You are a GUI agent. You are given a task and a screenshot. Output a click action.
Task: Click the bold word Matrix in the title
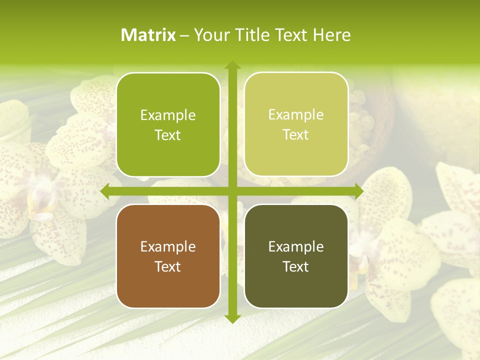click(x=148, y=35)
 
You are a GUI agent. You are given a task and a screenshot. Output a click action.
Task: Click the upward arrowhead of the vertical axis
click(x=232, y=65)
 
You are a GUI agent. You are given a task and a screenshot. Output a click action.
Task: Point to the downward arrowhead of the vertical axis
click(x=232, y=319)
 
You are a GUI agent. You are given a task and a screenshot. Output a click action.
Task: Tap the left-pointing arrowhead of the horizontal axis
click(x=105, y=191)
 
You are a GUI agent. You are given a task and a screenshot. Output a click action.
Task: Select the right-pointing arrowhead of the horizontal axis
click(x=359, y=191)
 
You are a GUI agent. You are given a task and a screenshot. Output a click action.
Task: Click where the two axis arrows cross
click(x=232, y=191)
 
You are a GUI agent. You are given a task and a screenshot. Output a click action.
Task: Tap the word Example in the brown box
click(x=168, y=247)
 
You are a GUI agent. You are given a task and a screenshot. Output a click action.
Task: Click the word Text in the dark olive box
click(x=296, y=267)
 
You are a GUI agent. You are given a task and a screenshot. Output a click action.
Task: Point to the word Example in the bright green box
click(x=168, y=115)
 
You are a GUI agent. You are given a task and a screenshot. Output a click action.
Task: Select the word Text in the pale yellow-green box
click(x=296, y=135)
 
